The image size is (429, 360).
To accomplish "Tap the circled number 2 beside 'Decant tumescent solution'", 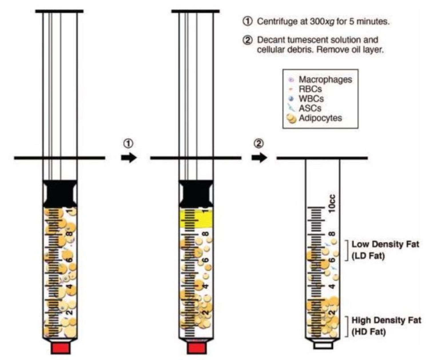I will (247, 40).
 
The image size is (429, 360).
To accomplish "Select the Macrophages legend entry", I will (325, 79).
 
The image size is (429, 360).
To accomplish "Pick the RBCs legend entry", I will (310, 89).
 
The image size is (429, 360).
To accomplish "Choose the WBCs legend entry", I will (311, 99).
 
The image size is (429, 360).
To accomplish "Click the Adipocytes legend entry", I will (320, 118).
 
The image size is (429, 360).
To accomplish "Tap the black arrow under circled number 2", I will (259, 157).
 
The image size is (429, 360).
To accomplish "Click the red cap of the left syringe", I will (61, 348).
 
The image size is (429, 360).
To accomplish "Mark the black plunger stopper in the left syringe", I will (60, 193).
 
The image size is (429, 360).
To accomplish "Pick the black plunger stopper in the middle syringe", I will (196, 193).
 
